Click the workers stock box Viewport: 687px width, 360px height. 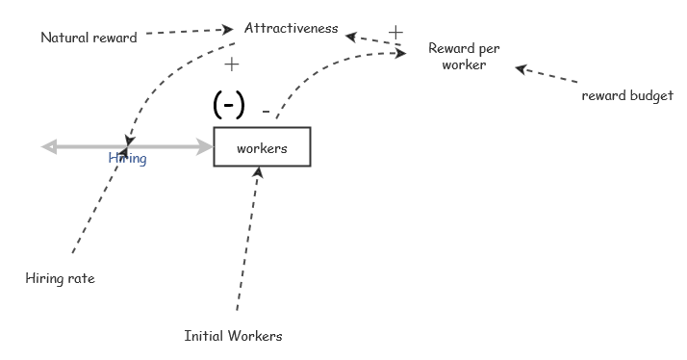point(262,147)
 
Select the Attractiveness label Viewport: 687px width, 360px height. point(291,28)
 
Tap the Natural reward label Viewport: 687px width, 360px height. point(89,38)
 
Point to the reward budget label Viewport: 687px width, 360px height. point(627,95)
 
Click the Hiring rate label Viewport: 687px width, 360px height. point(60,278)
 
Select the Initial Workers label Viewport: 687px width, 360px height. point(234,336)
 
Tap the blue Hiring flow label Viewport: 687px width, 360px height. point(127,158)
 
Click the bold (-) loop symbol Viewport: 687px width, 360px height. point(229,105)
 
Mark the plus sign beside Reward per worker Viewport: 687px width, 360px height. point(394,33)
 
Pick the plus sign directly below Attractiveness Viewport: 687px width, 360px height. point(231,64)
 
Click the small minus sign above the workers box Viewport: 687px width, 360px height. point(266,111)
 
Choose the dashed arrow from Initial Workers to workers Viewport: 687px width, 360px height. point(247,241)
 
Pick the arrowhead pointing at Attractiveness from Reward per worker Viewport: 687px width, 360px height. point(351,37)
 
